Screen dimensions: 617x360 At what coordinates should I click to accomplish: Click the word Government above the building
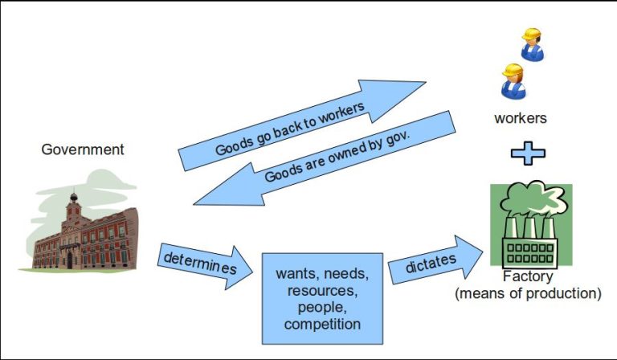(83, 149)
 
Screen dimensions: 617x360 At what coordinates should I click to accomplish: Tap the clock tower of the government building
(74, 207)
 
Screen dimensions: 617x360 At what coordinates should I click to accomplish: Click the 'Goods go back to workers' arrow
(302, 125)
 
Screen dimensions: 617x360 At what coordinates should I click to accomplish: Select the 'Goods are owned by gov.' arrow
(325, 158)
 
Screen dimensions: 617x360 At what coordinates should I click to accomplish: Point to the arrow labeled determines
(205, 267)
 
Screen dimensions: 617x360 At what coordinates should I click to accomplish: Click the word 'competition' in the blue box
(322, 324)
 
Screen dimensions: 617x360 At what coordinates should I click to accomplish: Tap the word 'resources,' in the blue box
(322, 291)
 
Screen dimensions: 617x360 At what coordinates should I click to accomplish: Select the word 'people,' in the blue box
(322, 307)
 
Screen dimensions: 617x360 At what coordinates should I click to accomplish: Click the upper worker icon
(532, 44)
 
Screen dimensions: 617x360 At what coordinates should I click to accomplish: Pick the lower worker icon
(513, 81)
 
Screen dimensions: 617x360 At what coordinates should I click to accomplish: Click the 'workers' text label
(521, 118)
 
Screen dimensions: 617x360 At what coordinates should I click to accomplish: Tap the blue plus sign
(528, 153)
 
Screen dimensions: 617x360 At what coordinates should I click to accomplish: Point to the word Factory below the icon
(528, 276)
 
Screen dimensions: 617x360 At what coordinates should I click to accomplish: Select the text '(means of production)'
(528, 293)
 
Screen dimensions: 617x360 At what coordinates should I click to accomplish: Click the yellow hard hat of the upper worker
(531, 34)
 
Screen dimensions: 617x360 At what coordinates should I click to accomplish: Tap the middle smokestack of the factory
(529, 227)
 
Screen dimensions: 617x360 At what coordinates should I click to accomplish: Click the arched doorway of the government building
(70, 260)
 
